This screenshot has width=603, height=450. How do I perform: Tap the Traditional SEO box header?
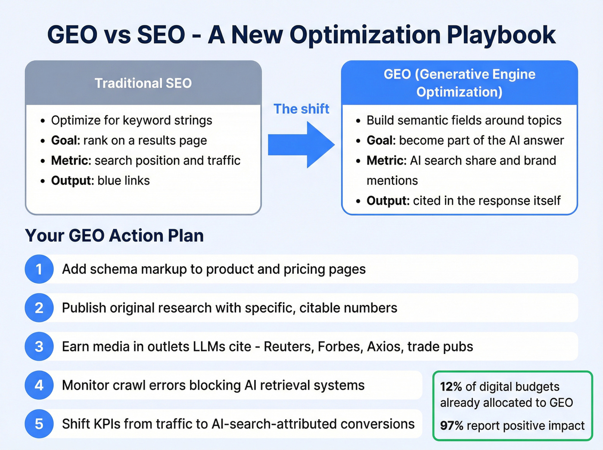click(143, 83)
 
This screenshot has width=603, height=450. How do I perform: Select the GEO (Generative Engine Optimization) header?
click(459, 83)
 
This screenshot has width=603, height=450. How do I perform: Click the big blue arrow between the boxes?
click(301, 145)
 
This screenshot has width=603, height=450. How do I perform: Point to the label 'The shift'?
click(301, 109)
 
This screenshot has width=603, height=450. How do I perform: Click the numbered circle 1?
click(39, 269)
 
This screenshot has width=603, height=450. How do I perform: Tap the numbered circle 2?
click(39, 308)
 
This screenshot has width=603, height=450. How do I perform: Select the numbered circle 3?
click(39, 347)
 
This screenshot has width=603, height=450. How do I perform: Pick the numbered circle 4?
click(39, 385)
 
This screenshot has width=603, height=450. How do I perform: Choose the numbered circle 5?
click(39, 424)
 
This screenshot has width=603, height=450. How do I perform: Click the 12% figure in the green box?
click(451, 387)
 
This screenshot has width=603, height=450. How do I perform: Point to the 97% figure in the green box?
click(451, 426)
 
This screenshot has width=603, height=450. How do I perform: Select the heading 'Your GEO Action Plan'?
click(115, 236)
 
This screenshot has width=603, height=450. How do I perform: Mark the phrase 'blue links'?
click(124, 180)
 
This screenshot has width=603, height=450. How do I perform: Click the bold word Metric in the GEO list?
click(386, 161)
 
